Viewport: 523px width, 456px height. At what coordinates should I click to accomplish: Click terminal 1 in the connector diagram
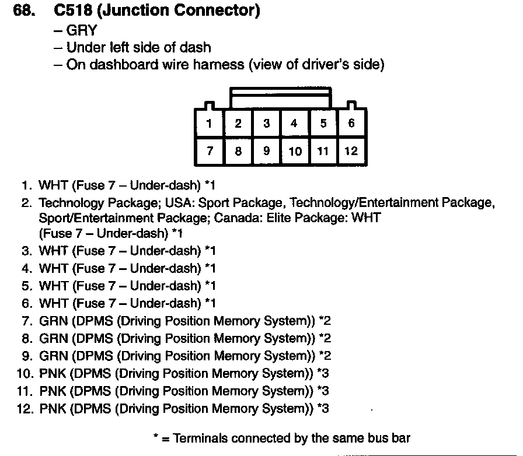(x=209, y=123)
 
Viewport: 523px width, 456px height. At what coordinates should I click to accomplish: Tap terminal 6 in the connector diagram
(x=351, y=123)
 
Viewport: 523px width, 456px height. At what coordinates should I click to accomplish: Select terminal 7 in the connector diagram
(x=209, y=151)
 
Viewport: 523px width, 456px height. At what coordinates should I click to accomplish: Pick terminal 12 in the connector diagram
(x=351, y=151)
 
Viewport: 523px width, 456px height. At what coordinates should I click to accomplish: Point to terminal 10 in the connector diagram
(x=295, y=152)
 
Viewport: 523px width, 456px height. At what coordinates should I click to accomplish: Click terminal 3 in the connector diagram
(x=266, y=123)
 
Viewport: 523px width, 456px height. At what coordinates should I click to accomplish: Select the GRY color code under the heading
(x=81, y=30)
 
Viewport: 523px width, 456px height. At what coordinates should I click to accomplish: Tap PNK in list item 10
(x=53, y=373)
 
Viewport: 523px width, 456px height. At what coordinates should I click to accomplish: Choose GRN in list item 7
(x=53, y=321)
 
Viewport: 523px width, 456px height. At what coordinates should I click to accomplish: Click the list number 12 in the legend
(x=24, y=408)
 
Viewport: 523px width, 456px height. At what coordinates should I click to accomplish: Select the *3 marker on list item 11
(x=323, y=391)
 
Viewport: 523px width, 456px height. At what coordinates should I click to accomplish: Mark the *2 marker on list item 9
(x=325, y=356)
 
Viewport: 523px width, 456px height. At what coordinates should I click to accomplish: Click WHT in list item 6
(x=53, y=303)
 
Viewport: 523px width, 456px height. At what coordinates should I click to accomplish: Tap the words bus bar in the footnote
(x=388, y=438)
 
